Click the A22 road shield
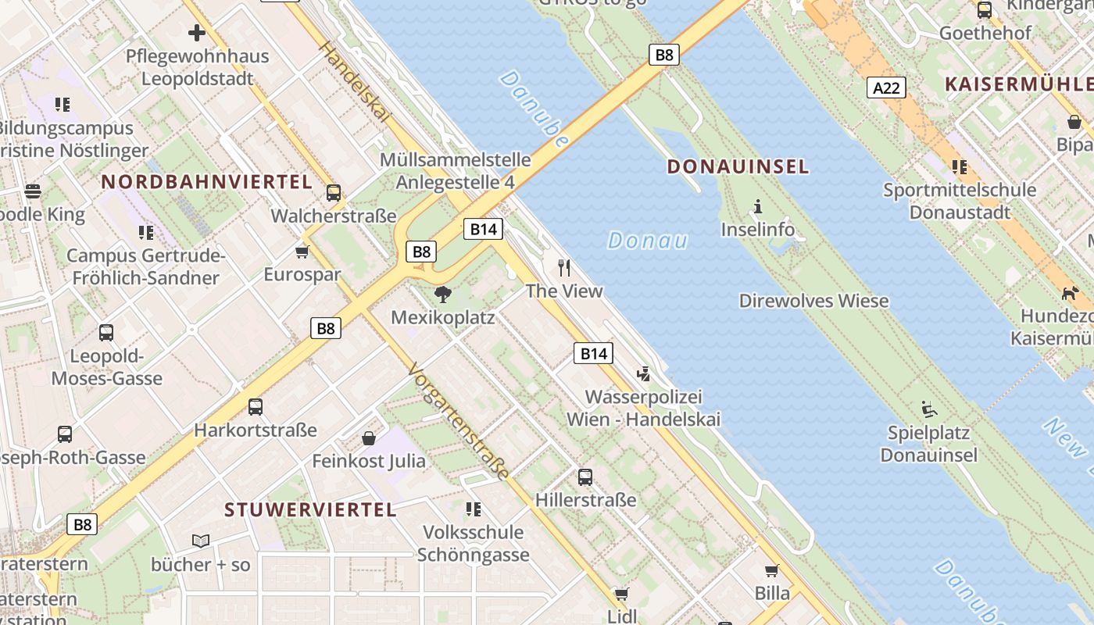[x=886, y=87]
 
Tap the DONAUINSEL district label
[x=738, y=166]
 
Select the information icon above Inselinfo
[x=757, y=207]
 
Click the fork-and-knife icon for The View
[x=564, y=268]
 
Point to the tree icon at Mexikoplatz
[x=443, y=295]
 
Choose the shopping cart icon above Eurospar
[x=302, y=252]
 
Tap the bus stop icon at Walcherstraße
[x=334, y=192]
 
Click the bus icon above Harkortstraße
[x=256, y=406]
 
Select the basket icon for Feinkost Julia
[x=369, y=438]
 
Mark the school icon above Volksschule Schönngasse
[x=473, y=509]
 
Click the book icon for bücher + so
[x=201, y=541]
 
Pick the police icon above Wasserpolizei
[x=643, y=374]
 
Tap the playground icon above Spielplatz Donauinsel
[x=928, y=409]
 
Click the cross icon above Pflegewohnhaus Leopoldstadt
[x=197, y=33]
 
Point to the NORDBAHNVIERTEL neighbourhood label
[x=207, y=182]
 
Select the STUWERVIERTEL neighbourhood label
[x=310, y=510]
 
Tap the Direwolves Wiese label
[x=813, y=301]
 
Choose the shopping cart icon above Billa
[x=772, y=571]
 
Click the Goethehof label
[x=985, y=33]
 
